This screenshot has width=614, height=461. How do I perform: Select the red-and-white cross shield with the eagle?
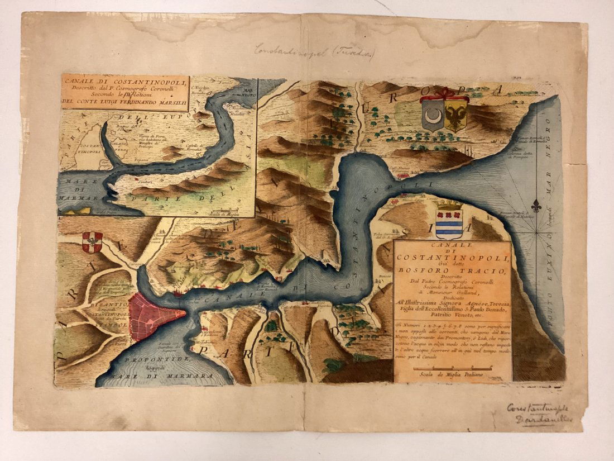coord(92,242)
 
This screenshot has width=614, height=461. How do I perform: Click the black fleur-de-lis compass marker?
coord(536,205)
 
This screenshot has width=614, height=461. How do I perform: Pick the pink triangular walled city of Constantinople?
coord(150,318)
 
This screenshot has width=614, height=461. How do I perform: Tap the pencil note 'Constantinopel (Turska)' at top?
coord(314,51)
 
